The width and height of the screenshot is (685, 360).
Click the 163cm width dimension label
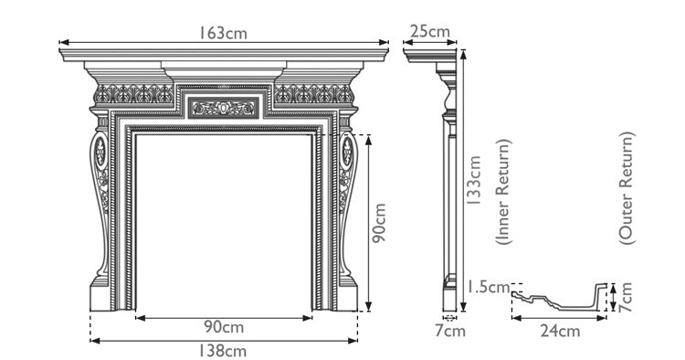click(224, 32)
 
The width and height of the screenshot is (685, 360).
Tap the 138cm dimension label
click(224, 350)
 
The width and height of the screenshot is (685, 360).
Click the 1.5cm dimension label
click(485, 287)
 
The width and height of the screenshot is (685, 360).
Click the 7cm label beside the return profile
click(627, 294)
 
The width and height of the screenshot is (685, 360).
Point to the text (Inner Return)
click(503, 191)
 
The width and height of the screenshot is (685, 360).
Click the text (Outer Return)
click(627, 187)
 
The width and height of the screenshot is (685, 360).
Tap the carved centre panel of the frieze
click(224, 109)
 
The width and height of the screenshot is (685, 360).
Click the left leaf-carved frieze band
click(132, 93)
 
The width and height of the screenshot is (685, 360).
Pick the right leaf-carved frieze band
click(314, 93)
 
